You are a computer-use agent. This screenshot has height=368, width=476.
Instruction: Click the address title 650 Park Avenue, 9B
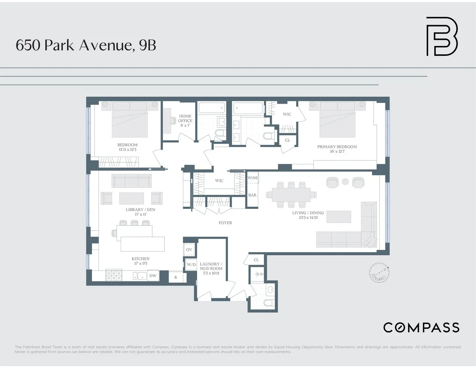(x=86, y=45)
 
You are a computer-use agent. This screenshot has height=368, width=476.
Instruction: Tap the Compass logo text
(x=421, y=328)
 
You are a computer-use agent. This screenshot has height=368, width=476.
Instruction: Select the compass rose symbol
(x=378, y=274)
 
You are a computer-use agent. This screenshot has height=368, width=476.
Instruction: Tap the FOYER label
(x=225, y=223)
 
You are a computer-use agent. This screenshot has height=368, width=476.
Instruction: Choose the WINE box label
(x=253, y=178)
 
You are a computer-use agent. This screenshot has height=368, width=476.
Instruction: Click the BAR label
(x=252, y=195)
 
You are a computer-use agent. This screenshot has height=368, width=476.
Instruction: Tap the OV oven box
(x=189, y=250)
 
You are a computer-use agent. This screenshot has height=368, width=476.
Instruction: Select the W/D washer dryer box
(x=191, y=264)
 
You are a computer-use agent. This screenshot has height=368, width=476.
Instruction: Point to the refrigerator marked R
(x=175, y=277)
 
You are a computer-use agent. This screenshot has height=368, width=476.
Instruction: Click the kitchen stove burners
(x=113, y=276)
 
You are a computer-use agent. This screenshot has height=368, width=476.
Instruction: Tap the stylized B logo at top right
(x=441, y=36)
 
